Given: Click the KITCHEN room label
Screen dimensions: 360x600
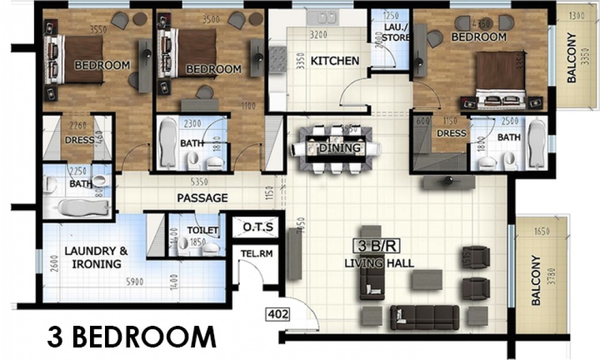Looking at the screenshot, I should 335,61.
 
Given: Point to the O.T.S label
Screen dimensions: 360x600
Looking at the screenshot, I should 259,227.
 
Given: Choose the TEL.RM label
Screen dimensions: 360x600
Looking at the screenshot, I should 257,254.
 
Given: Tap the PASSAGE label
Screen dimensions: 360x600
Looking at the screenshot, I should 202,197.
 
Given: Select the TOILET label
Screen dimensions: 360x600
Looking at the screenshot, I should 202,230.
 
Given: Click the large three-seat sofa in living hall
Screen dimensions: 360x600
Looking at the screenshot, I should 424,317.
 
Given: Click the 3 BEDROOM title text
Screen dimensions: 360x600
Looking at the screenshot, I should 131,337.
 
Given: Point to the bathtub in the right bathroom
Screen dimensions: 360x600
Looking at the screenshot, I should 538,145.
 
